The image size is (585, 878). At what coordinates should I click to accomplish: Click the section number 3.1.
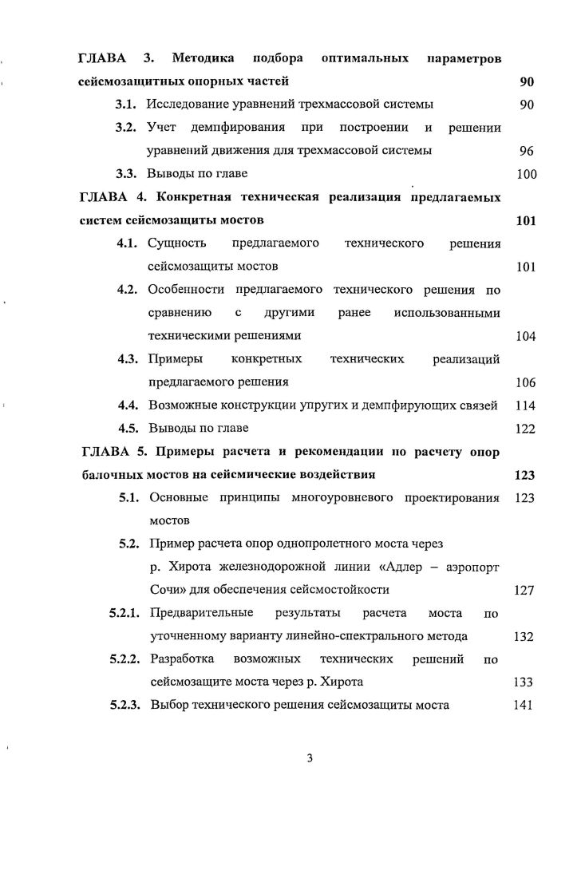pyautogui.click(x=128, y=105)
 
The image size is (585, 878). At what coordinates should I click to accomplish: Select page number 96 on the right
pyautogui.click(x=525, y=150)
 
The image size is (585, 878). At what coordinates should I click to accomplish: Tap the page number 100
pyautogui.click(x=525, y=174)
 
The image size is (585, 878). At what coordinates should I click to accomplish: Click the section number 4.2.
pyautogui.click(x=130, y=290)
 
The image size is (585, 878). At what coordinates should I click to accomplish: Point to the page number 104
pyautogui.click(x=525, y=336)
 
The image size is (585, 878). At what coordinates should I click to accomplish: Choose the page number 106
pyautogui.click(x=525, y=382)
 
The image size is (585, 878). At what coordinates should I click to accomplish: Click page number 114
pyautogui.click(x=524, y=405)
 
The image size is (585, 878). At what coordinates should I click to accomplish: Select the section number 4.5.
pyautogui.click(x=130, y=429)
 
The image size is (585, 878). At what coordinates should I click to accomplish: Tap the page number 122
pyautogui.click(x=524, y=429)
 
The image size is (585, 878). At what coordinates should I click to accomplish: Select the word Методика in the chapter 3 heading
pyautogui.click(x=203, y=59)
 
